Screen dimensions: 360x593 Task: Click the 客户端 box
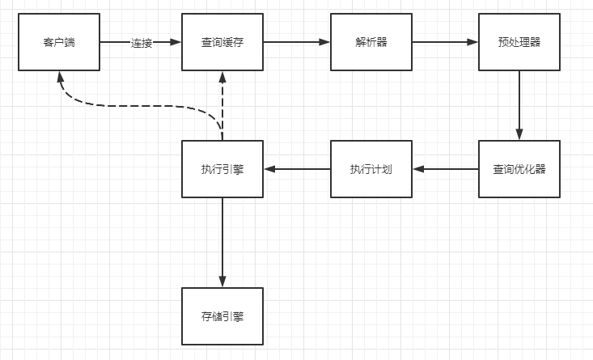pyautogui.click(x=59, y=42)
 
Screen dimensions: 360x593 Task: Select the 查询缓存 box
pyautogui.click(x=222, y=42)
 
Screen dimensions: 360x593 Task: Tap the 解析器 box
pyautogui.click(x=371, y=42)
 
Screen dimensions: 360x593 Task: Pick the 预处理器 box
pyautogui.click(x=519, y=42)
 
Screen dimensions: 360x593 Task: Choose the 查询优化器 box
pyautogui.click(x=519, y=169)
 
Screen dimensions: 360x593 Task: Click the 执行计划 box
pyautogui.click(x=371, y=169)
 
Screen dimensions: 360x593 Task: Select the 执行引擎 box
pyautogui.click(x=222, y=169)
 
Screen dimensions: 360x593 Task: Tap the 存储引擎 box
pyautogui.click(x=222, y=316)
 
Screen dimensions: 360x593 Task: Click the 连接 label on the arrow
pyautogui.click(x=142, y=43)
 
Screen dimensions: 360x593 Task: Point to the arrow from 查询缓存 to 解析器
pyautogui.click(x=297, y=42)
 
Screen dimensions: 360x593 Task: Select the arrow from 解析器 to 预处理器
pyautogui.click(x=445, y=42)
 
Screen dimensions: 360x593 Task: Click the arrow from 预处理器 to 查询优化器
pyautogui.click(x=519, y=105)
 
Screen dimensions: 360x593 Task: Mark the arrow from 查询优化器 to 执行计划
pyautogui.click(x=445, y=169)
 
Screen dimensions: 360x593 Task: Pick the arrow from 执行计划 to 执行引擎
pyautogui.click(x=297, y=169)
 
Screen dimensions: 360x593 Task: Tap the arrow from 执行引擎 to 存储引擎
pyautogui.click(x=222, y=243)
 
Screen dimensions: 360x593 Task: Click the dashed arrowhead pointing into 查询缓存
pyautogui.click(x=222, y=77)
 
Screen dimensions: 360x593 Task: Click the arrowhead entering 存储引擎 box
pyautogui.click(x=222, y=282)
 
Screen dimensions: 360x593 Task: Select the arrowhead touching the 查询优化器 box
pyautogui.click(x=519, y=135)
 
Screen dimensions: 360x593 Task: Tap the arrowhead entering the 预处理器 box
pyautogui.click(x=472, y=42)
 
